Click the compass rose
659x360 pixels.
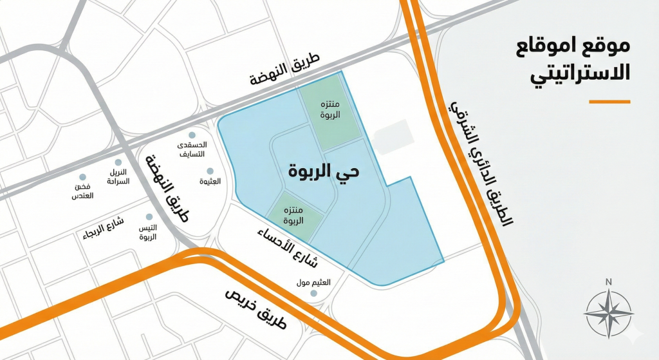(608, 314)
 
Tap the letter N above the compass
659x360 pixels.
(608, 281)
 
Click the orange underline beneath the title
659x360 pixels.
(609, 102)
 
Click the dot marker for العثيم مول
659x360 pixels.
(314, 294)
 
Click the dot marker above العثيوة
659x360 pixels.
(210, 171)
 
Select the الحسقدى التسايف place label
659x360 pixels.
(191, 150)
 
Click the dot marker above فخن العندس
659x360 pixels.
(82, 177)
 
